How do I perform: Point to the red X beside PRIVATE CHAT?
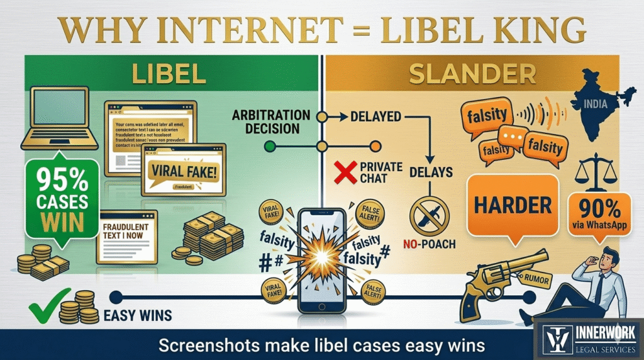pyautogui.click(x=345, y=171)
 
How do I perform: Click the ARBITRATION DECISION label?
pyautogui.click(x=271, y=122)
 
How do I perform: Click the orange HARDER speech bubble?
pyautogui.click(x=513, y=205)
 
